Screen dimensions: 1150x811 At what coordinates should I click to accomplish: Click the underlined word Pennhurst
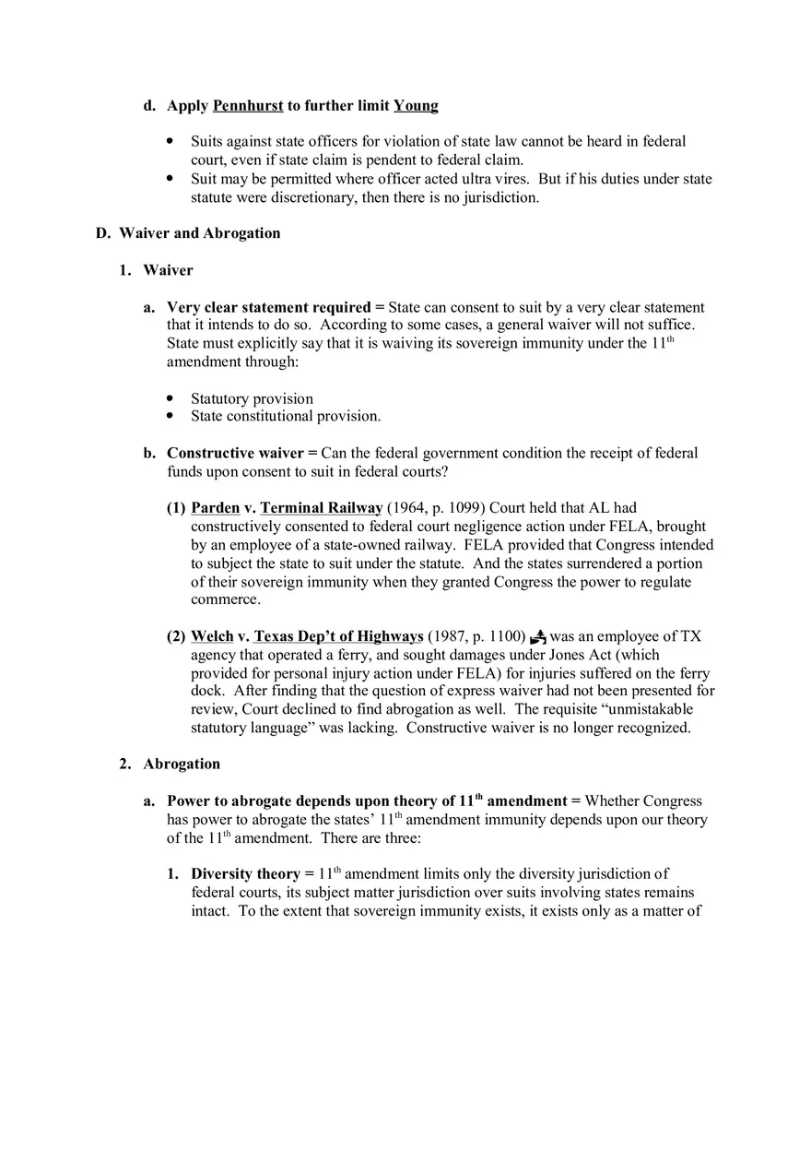click(248, 106)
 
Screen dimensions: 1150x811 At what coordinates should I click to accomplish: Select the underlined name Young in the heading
click(416, 106)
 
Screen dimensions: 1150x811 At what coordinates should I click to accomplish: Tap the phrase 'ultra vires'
click(494, 179)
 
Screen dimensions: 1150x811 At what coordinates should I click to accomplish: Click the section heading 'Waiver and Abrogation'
click(199, 233)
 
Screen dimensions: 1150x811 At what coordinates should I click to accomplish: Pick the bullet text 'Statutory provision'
click(252, 398)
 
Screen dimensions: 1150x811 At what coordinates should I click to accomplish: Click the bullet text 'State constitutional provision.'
click(286, 416)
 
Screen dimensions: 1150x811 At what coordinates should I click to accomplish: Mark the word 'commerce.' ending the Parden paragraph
click(226, 599)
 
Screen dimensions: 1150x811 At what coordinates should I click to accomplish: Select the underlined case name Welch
click(212, 636)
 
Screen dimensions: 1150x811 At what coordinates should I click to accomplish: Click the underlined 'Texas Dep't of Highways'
click(338, 636)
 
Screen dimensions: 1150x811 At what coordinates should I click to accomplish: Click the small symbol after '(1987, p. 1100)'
click(538, 636)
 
